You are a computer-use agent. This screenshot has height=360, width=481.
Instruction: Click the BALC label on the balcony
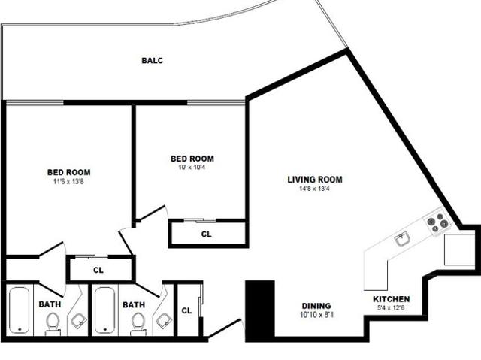tap(153, 61)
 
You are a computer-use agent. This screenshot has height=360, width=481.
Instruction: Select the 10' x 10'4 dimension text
tap(192, 168)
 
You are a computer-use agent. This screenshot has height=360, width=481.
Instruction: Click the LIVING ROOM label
tap(315, 180)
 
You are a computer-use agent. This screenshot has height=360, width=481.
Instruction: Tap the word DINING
tap(316, 306)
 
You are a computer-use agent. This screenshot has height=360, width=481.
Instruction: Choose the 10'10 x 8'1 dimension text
tap(316, 315)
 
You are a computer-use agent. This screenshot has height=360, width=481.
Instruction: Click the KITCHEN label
tap(392, 299)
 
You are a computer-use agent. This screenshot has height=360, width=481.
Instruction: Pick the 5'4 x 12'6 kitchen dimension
tap(392, 308)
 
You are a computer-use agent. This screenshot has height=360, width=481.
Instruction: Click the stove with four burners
tap(437, 222)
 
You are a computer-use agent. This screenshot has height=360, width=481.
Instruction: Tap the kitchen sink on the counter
tap(403, 239)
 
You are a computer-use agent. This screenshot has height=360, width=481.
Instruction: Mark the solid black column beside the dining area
tap(260, 310)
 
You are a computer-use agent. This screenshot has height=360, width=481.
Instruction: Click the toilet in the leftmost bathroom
tap(52, 322)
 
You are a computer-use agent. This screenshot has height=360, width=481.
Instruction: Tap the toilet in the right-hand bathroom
tap(138, 322)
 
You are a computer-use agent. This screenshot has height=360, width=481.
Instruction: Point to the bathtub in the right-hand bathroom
tap(104, 310)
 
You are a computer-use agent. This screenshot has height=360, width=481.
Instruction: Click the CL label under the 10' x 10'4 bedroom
tap(207, 234)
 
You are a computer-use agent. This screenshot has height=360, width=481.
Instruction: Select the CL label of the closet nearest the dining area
tap(187, 310)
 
